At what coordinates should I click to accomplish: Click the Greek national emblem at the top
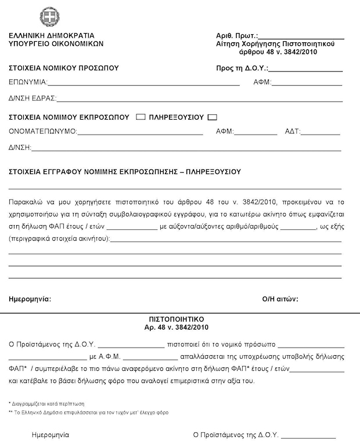pos(50,16)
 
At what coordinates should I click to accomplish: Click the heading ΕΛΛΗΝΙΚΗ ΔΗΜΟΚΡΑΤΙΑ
pos(52,35)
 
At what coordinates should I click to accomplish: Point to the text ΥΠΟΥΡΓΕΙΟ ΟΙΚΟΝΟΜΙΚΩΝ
pos(56,43)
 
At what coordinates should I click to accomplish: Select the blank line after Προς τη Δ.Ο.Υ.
pos(305,70)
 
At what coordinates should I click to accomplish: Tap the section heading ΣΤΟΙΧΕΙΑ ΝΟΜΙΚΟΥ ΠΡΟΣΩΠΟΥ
pos(64,68)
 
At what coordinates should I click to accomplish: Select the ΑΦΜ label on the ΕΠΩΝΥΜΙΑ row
pos(262,82)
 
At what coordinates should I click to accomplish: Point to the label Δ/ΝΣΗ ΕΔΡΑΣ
pos(32,97)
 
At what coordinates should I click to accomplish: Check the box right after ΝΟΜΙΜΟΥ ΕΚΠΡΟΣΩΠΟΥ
pos(140,117)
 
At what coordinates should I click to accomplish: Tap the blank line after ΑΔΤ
pos(321,133)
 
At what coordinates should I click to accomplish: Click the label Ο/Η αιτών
pos(280,299)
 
